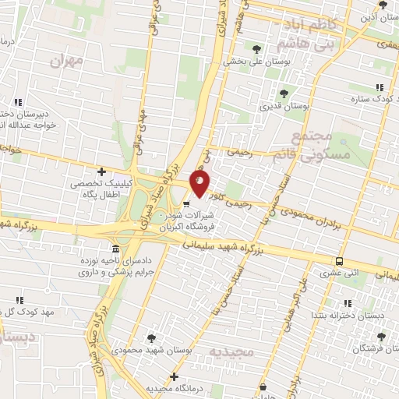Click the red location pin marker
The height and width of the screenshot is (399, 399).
[x=199, y=183]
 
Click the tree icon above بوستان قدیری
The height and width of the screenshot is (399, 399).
[x=282, y=94]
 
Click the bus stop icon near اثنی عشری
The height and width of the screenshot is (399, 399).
[x=339, y=261]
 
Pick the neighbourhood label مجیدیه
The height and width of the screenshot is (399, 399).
[x=232, y=351]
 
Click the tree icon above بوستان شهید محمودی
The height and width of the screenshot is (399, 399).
[x=151, y=337]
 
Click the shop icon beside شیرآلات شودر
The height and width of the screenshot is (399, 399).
[x=185, y=204]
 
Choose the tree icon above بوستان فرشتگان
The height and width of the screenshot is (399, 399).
[x=381, y=337]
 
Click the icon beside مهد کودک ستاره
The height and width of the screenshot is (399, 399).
[x=380, y=87]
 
